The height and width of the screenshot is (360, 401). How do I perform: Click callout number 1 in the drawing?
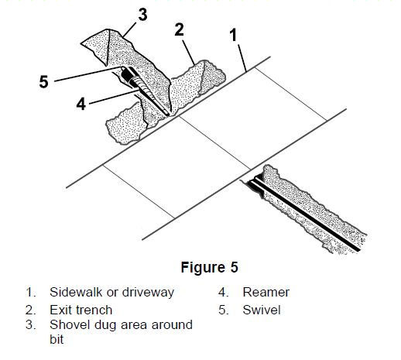tap(233, 35)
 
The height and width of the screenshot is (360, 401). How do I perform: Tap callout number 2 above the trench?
tap(180, 29)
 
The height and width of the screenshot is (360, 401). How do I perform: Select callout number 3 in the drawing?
tap(142, 15)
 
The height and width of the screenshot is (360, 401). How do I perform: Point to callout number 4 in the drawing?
tap(81, 104)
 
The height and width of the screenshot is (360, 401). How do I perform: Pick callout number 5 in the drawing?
tap(44, 81)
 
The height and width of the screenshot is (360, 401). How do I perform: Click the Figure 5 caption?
tap(209, 267)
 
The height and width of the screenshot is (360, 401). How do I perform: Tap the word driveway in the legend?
tap(148, 293)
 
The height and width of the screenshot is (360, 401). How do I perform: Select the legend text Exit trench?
tap(81, 310)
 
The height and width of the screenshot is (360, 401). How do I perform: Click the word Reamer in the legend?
tap(266, 293)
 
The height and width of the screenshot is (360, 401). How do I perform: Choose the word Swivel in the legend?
tap(262, 310)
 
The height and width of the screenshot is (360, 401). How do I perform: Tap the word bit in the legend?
tap(57, 339)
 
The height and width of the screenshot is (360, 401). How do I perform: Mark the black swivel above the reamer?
tap(127, 76)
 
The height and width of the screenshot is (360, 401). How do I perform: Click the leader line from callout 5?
tap(87, 74)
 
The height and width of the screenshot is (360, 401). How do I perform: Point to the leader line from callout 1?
tap(242, 58)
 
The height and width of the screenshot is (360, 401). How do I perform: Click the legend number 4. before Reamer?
tap(224, 293)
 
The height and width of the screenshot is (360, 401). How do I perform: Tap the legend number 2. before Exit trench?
tap(31, 310)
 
